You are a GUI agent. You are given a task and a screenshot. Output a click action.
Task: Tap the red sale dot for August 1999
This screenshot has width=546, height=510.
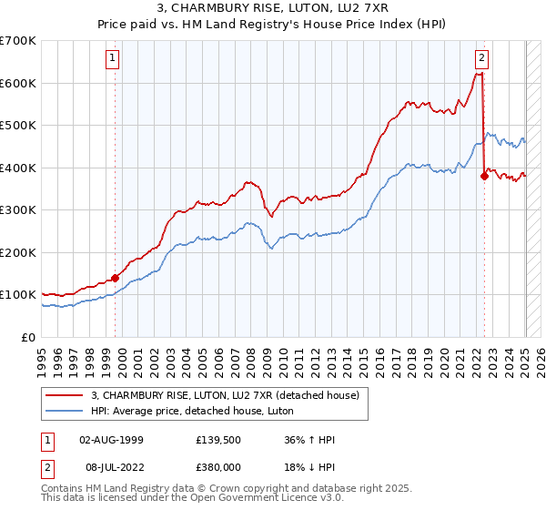115,278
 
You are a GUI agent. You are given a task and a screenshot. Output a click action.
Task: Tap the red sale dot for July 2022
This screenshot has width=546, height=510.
484,177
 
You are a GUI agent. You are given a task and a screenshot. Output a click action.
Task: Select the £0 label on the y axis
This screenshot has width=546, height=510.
29,338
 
